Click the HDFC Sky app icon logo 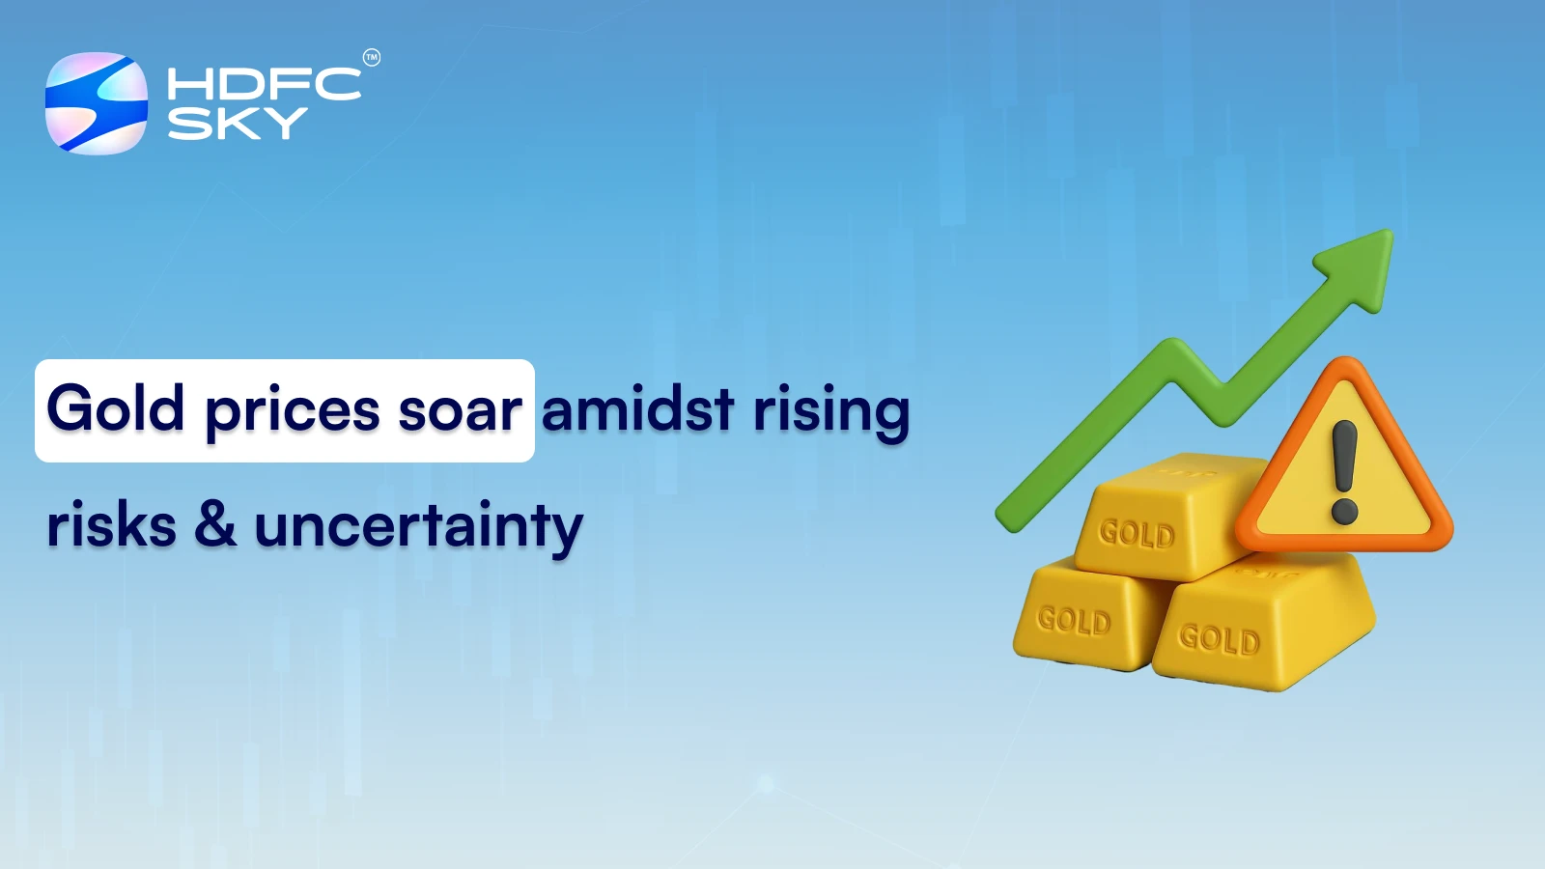[97, 103]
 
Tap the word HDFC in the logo [264, 84]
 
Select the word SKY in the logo [238, 124]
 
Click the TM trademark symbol [372, 58]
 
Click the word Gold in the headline [116, 408]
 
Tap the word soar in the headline [461, 410]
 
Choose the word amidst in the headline [637, 408]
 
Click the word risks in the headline [112, 526]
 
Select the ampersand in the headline [215, 526]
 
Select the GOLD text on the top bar [1137, 533]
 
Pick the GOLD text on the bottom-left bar [1074, 621]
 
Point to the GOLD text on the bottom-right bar [1219, 639]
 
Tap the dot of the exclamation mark [1344, 509]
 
